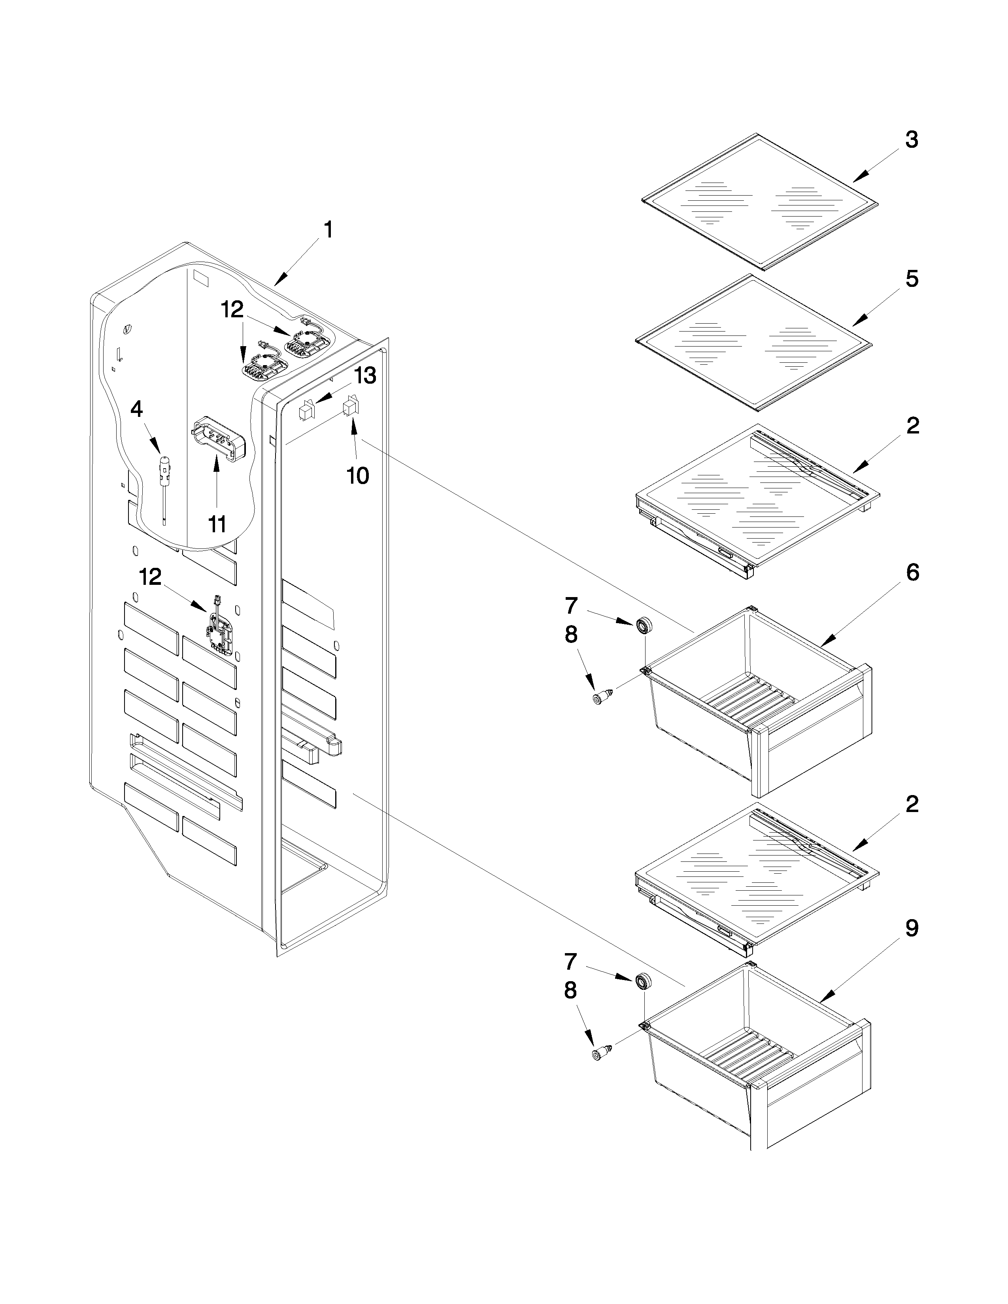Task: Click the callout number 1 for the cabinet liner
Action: tap(328, 230)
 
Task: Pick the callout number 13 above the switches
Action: tap(365, 376)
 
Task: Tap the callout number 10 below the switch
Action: tap(358, 476)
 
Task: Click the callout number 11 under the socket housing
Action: tap(217, 524)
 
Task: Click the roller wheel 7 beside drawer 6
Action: tap(644, 626)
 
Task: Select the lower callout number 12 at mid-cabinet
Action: tap(151, 577)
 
